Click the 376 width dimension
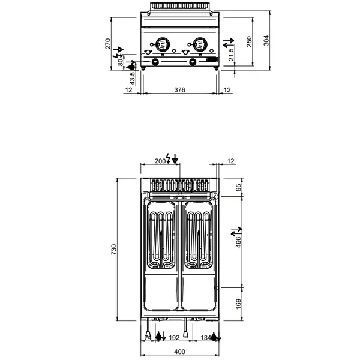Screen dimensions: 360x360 pyautogui.click(x=179, y=89)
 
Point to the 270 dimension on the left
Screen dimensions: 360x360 pyautogui.click(x=108, y=44)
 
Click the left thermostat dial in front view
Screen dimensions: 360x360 pyautogui.click(x=161, y=44)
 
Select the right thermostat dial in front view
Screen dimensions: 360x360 pyautogui.click(x=197, y=44)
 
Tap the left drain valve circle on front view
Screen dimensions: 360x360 pyautogui.click(x=156, y=62)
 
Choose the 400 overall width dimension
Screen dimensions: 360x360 pyautogui.click(x=179, y=352)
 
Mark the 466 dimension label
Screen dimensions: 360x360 pyautogui.click(x=238, y=242)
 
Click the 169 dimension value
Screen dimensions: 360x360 pyautogui.click(x=238, y=303)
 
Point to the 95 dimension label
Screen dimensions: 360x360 pyautogui.click(x=238, y=187)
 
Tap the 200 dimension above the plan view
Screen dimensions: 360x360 pyautogui.click(x=160, y=161)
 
